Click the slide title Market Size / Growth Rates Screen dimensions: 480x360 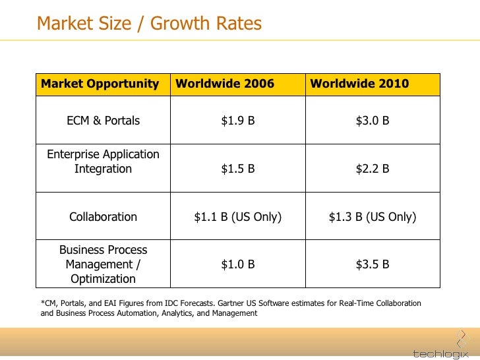(x=149, y=24)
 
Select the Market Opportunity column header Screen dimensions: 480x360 (x=100, y=84)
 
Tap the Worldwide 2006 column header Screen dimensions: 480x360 (x=225, y=84)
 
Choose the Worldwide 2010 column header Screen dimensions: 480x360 (x=359, y=84)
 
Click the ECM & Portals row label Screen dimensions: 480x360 (x=103, y=120)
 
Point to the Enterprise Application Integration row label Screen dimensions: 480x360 (x=103, y=162)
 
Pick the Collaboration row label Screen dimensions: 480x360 (x=103, y=217)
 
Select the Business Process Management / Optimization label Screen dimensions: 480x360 (x=103, y=264)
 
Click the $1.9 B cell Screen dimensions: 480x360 (x=238, y=120)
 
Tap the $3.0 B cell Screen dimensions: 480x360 (x=373, y=120)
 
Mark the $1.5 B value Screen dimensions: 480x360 (x=238, y=169)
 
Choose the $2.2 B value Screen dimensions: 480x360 (x=373, y=169)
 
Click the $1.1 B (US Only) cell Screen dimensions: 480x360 (x=238, y=217)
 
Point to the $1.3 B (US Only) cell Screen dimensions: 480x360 (x=373, y=217)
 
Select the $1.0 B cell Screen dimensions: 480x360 (x=238, y=264)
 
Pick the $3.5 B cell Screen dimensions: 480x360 (x=373, y=264)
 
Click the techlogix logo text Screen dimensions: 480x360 (x=440, y=353)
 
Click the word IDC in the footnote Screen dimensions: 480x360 (x=171, y=303)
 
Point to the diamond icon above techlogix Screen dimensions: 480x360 (x=463, y=339)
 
